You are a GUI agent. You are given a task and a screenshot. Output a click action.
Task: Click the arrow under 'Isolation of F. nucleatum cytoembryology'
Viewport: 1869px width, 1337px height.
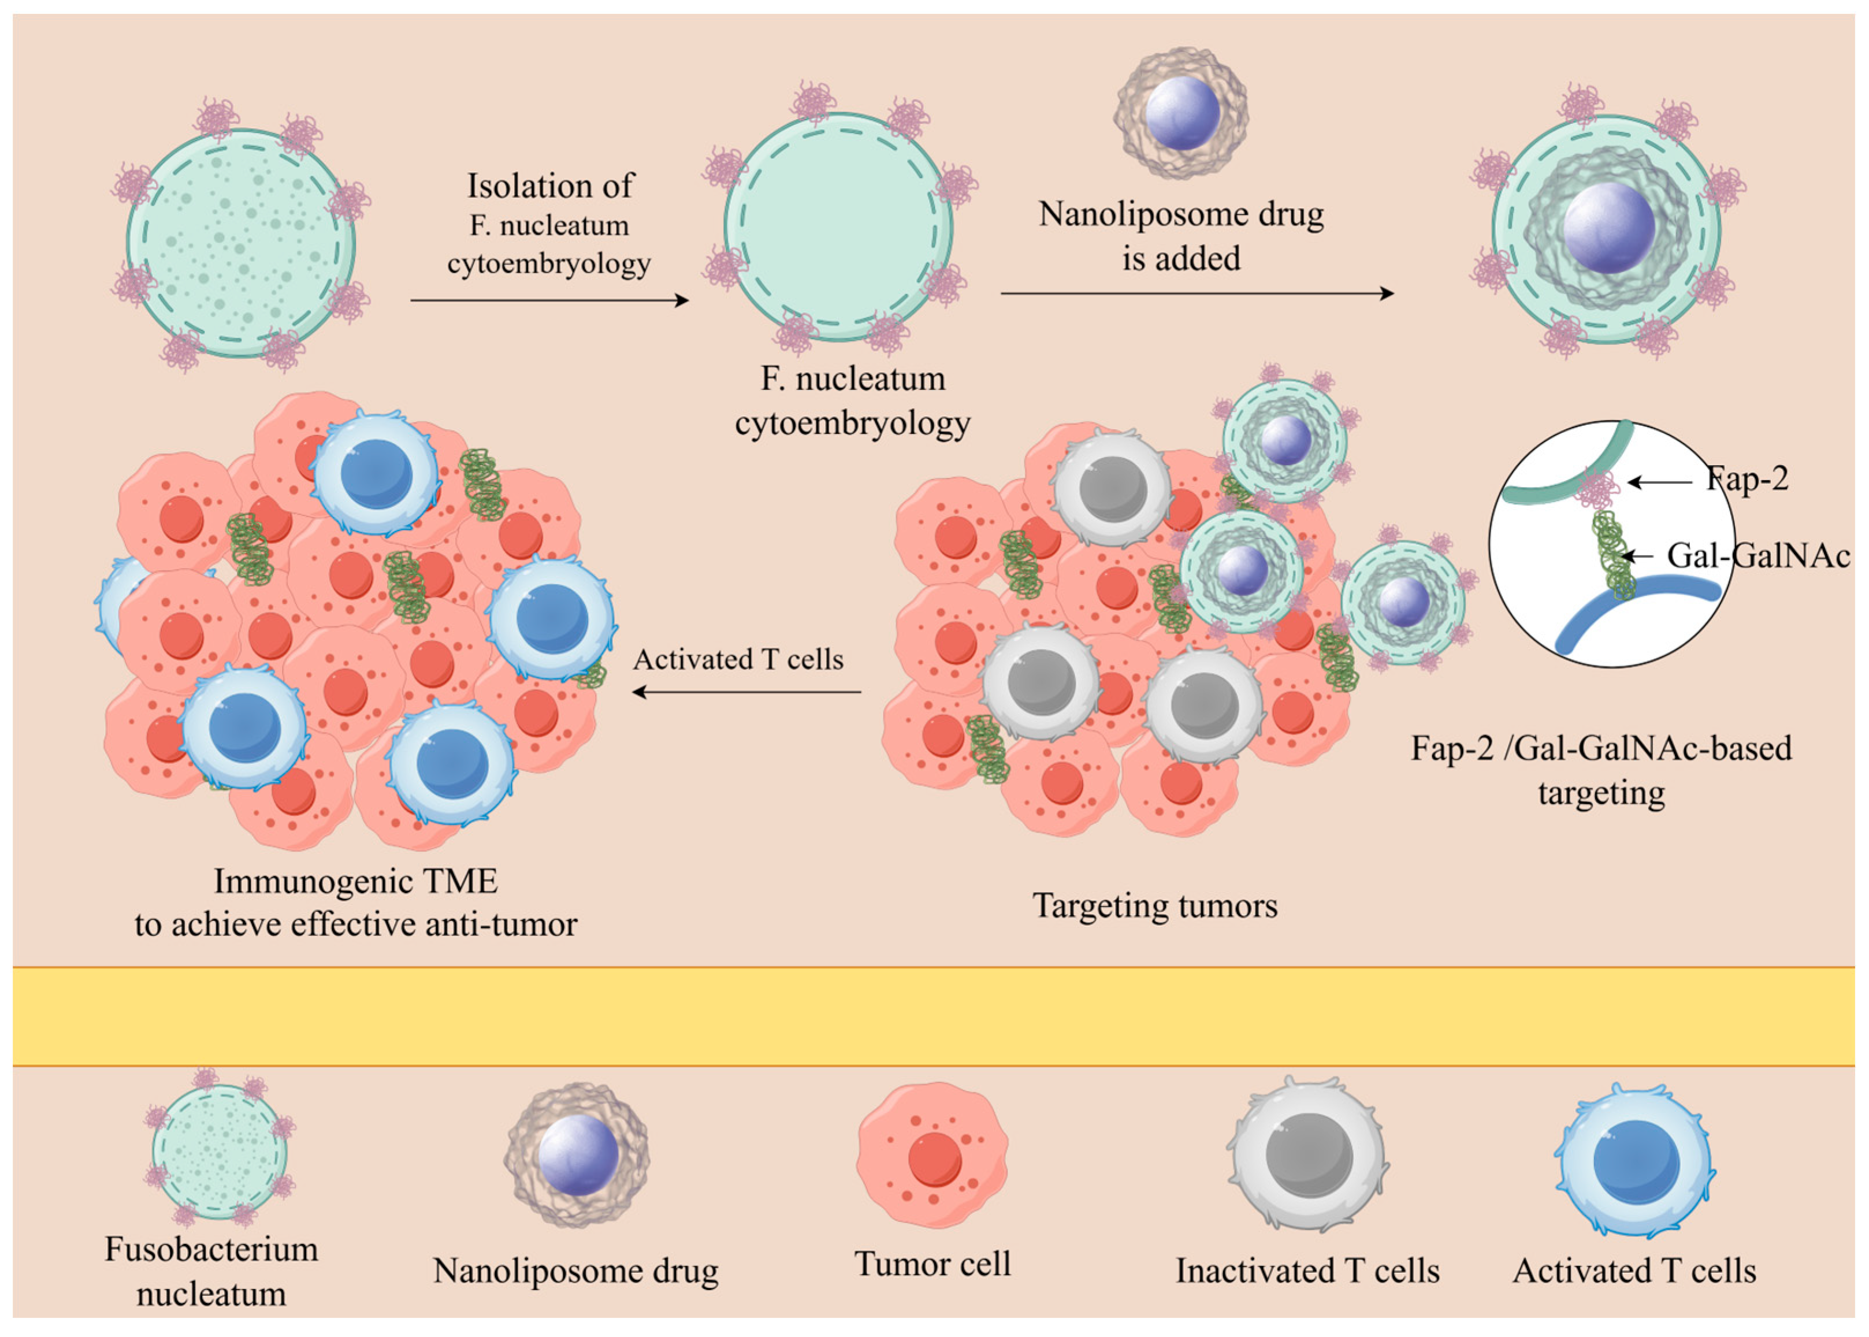(x=549, y=300)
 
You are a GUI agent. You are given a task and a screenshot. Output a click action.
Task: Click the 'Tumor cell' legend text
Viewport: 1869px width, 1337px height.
(x=932, y=1264)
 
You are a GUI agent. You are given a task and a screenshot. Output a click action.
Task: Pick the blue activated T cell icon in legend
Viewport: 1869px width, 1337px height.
(x=1634, y=1161)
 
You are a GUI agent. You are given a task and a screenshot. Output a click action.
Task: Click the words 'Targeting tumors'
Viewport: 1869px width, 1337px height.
(x=1155, y=905)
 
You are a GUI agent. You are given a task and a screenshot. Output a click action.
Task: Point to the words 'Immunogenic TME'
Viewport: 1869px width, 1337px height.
(x=355, y=882)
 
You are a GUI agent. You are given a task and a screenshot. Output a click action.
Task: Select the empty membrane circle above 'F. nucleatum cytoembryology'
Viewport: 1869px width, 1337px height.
(x=838, y=227)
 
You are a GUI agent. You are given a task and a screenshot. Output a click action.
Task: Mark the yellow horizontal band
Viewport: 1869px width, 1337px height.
(x=934, y=1016)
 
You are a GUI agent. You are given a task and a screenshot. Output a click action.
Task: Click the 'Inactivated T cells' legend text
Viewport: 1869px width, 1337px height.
(x=1308, y=1271)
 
